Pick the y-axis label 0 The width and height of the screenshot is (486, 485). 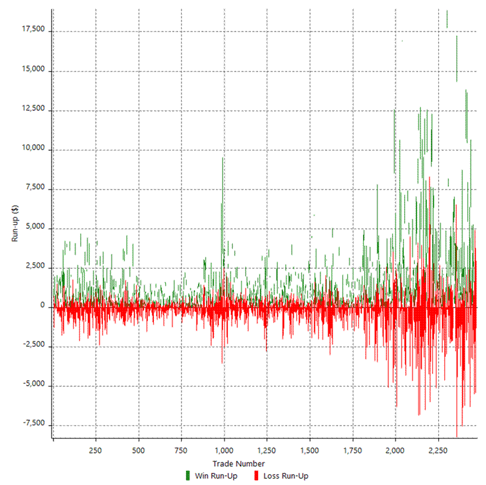(x=43, y=306)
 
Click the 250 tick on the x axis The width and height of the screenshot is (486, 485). (x=95, y=450)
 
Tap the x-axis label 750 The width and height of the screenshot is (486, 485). (x=181, y=450)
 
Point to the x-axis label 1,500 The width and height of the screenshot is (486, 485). (x=309, y=450)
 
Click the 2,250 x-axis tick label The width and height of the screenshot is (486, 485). (x=438, y=450)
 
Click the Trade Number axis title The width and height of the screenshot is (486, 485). (x=242, y=463)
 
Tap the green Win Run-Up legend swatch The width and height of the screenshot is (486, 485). (x=188, y=476)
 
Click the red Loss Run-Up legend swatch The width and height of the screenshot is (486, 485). (x=258, y=476)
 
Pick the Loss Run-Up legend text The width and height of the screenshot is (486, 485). (x=286, y=476)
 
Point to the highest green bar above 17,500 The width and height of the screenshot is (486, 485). (x=447, y=19)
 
